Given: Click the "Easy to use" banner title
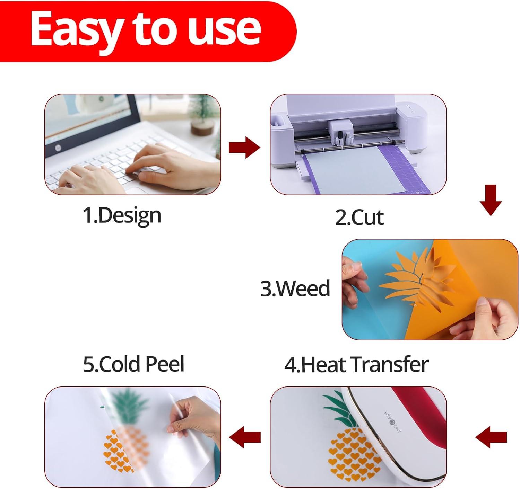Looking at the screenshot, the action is coord(146,31).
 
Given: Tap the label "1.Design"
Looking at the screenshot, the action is coord(122,216).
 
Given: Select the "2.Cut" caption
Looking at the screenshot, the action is coord(359,217).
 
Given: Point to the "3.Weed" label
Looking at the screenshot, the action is coord(295,288).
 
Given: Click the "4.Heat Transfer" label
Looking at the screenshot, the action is coord(356,365).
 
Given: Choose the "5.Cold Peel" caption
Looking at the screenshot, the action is coord(133,364).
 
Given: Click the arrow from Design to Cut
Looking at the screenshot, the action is coord(244,147).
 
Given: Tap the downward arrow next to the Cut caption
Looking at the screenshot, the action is coord(491,200).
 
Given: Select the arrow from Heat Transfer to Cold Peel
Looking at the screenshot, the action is coord(245,437).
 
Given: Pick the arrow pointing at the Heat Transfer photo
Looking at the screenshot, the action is coord(491,437).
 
